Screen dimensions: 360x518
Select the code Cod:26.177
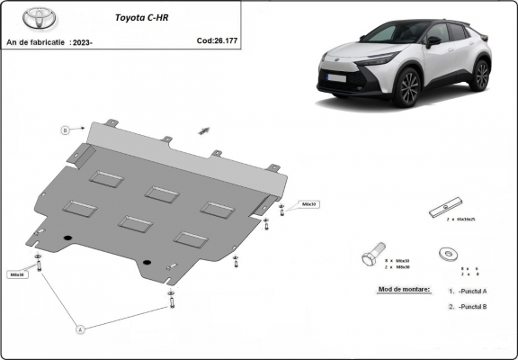pos(218,40)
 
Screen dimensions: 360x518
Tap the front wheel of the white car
pos(410,87)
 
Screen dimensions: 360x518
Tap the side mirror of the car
pos(433,40)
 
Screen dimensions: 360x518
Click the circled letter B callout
pos(65,130)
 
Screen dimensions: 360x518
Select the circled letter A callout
pos(79,329)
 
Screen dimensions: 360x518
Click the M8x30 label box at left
pos(17,274)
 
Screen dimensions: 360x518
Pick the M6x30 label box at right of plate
pos(308,204)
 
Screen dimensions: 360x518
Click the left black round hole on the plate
pos(67,238)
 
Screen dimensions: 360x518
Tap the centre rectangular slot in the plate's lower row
pos(136,223)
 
